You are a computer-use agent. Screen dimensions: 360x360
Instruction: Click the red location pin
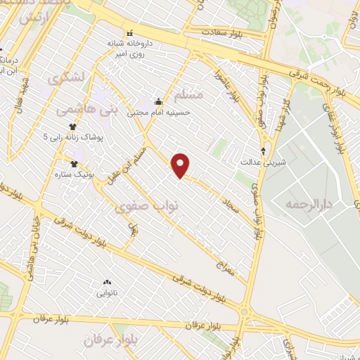coord(181,166)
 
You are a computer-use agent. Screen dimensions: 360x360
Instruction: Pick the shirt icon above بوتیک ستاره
coord(74,163)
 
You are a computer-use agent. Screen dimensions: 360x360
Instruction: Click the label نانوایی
coord(107,292)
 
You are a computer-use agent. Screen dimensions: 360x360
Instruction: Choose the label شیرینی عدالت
coord(264,161)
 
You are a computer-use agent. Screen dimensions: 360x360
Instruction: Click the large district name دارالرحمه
coord(307,204)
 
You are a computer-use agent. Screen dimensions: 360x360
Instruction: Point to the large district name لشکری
coord(67,78)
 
